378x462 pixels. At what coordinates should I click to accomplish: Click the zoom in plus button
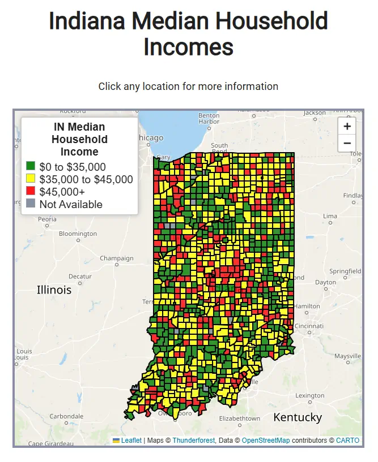pyautogui.click(x=347, y=126)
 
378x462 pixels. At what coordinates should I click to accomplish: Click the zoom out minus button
pyautogui.click(x=347, y=143)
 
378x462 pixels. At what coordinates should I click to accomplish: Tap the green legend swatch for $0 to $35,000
pyautogui.click(x=31, y=167)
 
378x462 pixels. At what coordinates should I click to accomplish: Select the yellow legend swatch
pyautogui.click(x=31, y=179)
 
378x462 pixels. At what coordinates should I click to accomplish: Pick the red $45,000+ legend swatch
pyautogui.click(x=31, y=192)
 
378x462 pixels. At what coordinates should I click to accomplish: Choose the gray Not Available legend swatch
pyautogui.click(x=31, y=204)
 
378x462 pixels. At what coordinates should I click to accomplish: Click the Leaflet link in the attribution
pyautogui.click(x=131, y=441)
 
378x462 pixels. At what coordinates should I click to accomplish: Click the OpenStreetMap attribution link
pyautogui.click(x=266, y=441)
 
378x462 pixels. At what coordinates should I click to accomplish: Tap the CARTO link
pyautogui.click(x=347, y=441)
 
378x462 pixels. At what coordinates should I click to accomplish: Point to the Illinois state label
pyautogui.click(x=54, y=290)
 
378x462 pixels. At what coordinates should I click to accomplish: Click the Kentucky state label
pyautogui.click(x=298, y=418)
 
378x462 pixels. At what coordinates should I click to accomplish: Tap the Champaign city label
pyautogui.click(x=117, y=258)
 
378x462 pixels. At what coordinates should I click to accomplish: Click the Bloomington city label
pyautogui.click(x=78, y=234)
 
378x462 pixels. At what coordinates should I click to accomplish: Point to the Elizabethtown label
pyautogui.click(x=239, y=418)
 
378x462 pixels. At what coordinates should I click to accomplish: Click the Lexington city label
pyautogui.click(x=310, y=396)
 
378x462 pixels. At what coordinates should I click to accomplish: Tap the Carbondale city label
pyautogui.click(x=66, y=416)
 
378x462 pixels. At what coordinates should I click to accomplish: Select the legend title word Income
pyautogui.click(x=79, y=152)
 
